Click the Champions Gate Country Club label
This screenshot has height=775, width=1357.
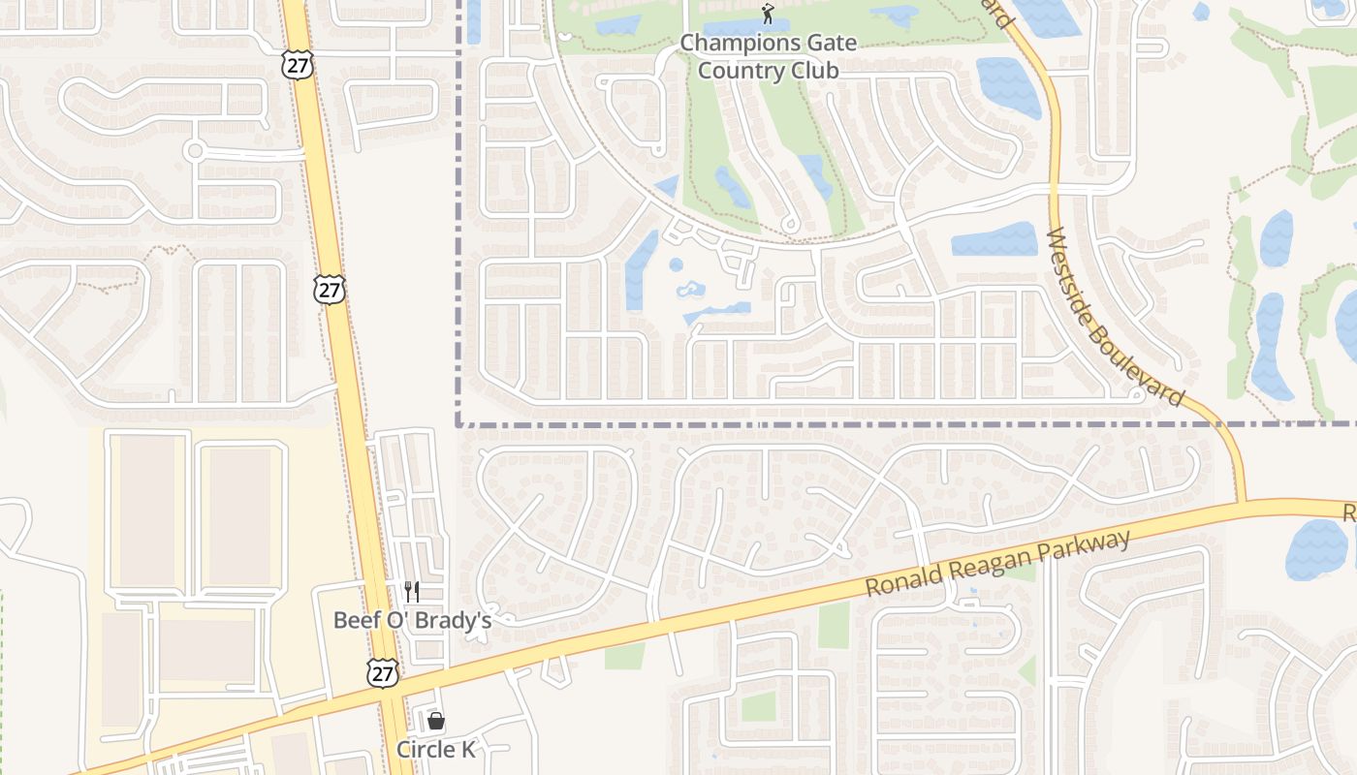768,56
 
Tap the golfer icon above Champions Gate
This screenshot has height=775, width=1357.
768,14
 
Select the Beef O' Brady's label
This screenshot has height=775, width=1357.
412,620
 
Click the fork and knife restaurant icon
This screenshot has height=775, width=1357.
412,591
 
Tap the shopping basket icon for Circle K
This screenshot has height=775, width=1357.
436,721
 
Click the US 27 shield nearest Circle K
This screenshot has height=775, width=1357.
383,673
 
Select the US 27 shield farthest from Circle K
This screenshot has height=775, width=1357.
298,66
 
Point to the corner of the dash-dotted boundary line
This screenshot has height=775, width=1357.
458,423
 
